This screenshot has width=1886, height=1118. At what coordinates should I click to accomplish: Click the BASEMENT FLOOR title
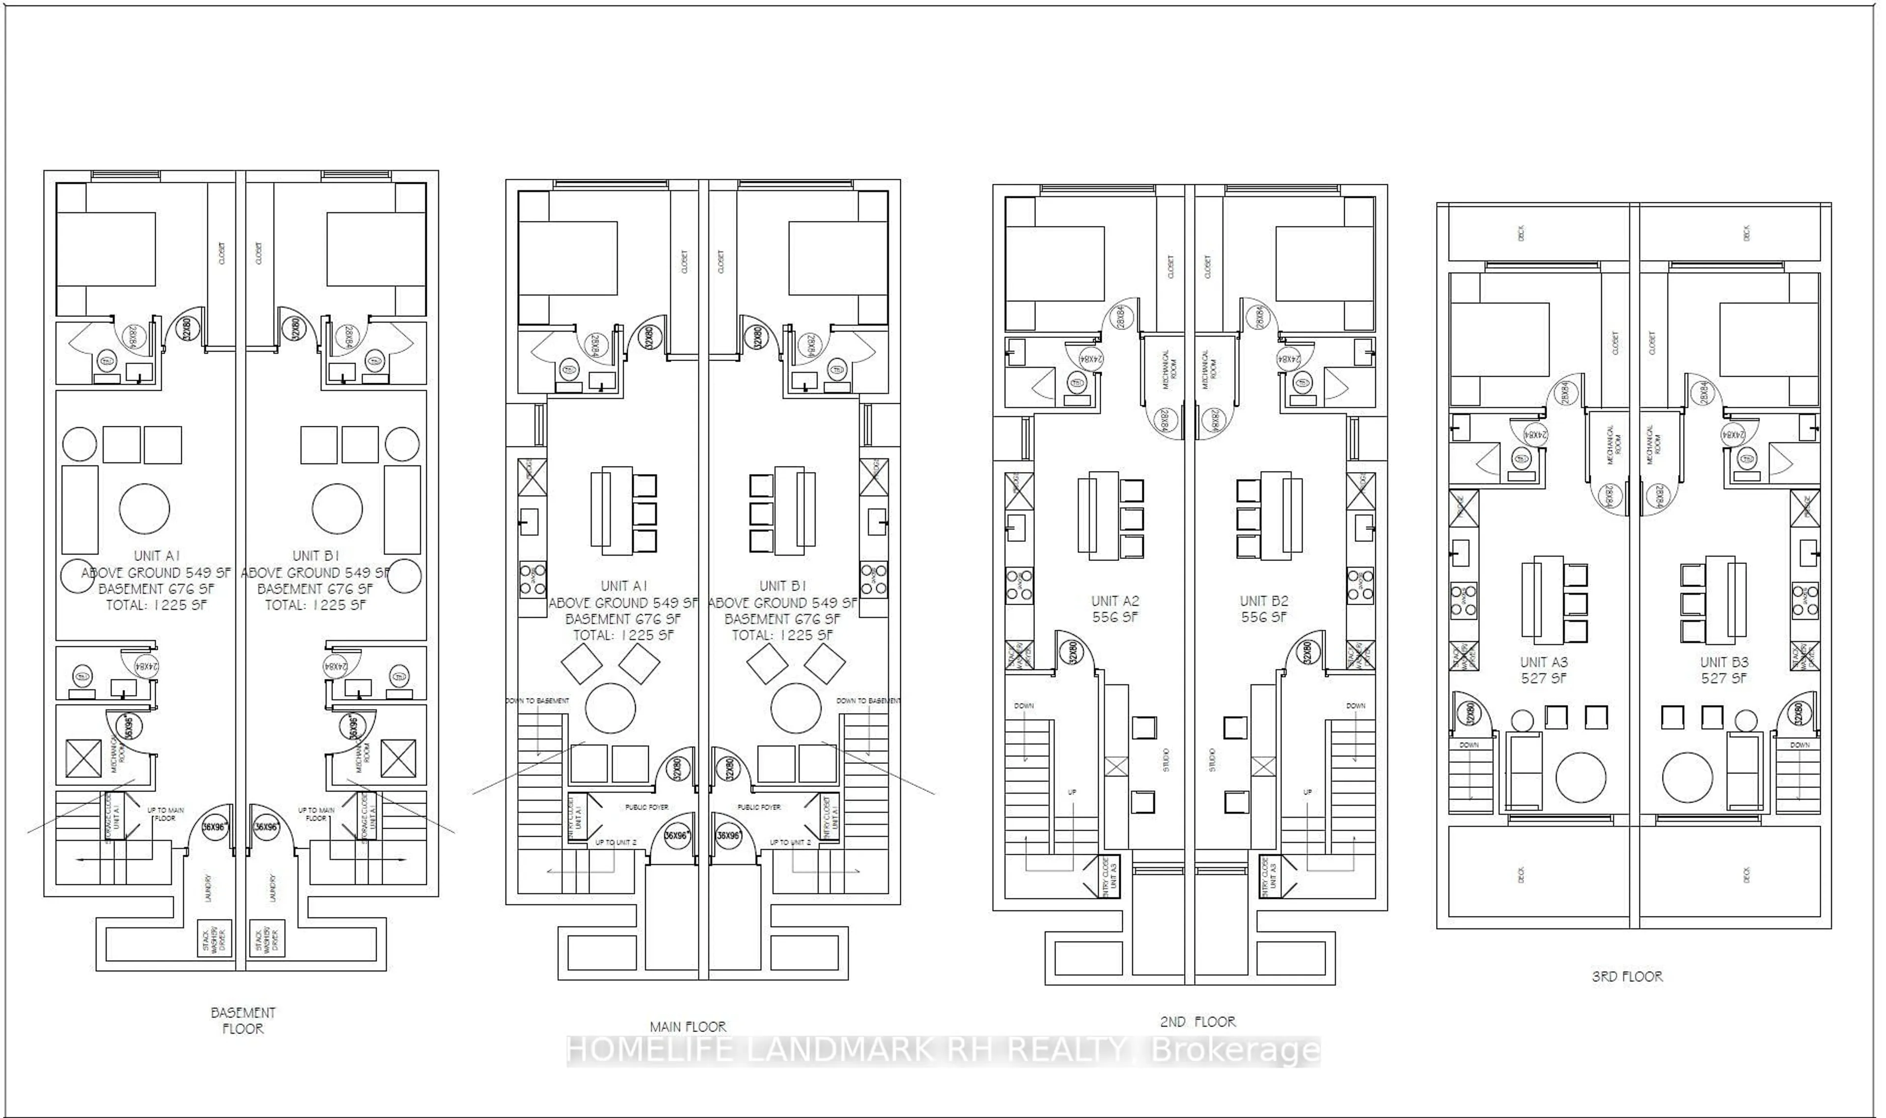coord(243,1020)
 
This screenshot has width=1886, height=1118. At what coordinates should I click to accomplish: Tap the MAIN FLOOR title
coord(688,1026)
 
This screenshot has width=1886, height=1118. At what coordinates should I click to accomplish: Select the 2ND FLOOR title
coord(1197,1022)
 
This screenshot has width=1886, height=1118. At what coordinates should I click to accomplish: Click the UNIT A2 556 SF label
coord(1115,609)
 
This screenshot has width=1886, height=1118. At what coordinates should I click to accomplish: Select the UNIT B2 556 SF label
coord(1263,609)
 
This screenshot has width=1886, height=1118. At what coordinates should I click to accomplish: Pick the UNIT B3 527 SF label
coord(1723,670)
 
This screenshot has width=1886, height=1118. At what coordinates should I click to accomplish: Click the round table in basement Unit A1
coord(144,508)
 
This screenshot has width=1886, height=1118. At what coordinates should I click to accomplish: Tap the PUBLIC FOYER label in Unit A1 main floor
coord(646,807)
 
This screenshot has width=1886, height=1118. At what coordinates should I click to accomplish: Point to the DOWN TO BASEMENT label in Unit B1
coord(868,700)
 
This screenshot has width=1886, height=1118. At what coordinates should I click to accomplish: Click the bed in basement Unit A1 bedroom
coord(106,249)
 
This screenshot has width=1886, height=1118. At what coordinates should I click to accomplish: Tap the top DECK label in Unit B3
coord(1747,233)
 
